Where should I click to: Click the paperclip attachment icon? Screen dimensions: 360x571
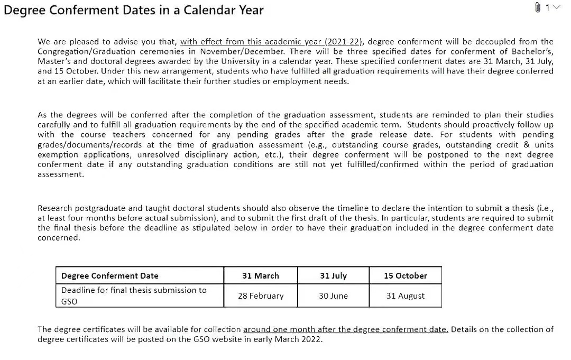[x=538, y=7]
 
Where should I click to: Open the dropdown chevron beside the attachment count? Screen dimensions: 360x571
[x=555, y=7]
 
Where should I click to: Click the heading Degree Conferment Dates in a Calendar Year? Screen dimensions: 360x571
[x=134, y=10]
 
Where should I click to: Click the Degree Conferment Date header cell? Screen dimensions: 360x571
[x=110, y=275]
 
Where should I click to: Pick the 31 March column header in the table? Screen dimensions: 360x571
[x=261, y=275]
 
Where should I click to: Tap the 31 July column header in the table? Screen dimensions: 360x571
[x=334, y=275]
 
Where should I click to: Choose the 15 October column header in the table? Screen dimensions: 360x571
[x=406, y=275]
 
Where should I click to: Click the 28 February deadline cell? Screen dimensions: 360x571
[x=261, y=296]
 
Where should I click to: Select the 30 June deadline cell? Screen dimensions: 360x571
[x=333, y=296]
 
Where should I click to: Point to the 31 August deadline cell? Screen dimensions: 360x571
[x=406, y=296]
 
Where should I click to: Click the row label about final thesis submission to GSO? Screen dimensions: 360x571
[x=134, y=296]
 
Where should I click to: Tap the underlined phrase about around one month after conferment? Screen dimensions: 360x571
[x=346, y=329]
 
